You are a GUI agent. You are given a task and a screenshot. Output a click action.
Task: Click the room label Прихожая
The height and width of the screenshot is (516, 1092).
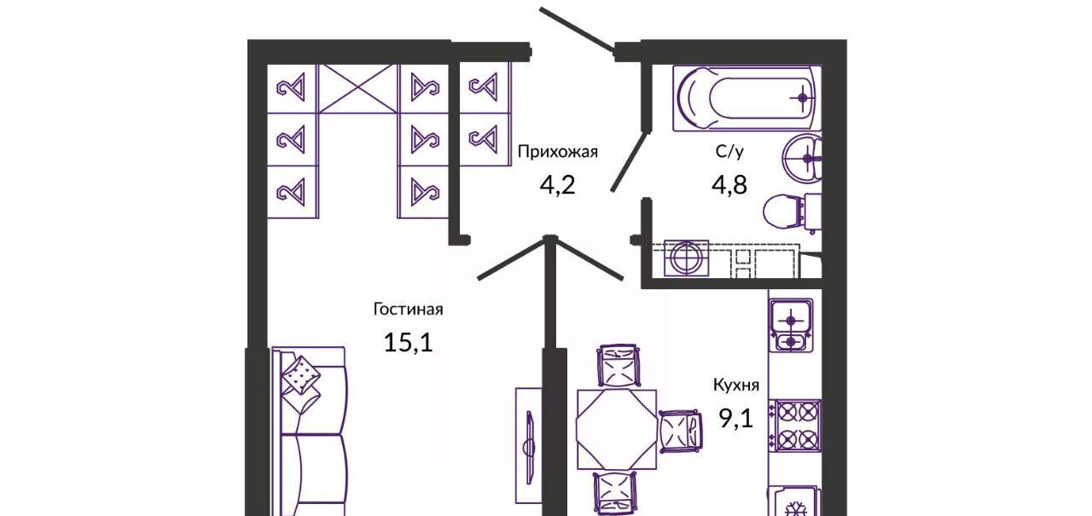[558, 153]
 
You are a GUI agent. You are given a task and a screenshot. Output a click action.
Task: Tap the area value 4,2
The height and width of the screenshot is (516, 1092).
[558, 183]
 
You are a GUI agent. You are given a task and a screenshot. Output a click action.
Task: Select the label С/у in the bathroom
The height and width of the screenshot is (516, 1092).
[729, 153]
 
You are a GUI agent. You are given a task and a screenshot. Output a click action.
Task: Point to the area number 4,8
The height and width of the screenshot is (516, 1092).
[729, 184]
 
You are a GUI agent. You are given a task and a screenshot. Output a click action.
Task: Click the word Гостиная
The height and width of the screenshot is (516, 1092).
[408, 310]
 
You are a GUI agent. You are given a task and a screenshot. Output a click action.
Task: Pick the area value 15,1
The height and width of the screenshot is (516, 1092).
[408, 342]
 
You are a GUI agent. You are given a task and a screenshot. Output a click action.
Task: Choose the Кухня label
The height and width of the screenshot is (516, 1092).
[736, 386]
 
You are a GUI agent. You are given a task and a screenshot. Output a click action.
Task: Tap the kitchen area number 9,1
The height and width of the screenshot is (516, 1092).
[736, 418]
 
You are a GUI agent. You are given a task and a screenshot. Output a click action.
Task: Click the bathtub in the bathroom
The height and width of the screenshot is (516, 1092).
[747, 98]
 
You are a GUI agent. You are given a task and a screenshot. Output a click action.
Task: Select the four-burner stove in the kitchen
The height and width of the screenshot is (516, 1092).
[793, 426]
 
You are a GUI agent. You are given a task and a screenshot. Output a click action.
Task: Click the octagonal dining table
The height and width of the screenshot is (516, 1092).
[616, 428]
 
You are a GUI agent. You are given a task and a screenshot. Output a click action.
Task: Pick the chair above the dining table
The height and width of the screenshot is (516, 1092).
[617, 366]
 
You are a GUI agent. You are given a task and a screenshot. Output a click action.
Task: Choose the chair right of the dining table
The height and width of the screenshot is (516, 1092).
[682, 430]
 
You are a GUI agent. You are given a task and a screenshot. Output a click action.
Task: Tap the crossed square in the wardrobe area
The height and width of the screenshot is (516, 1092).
[357, 88]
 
